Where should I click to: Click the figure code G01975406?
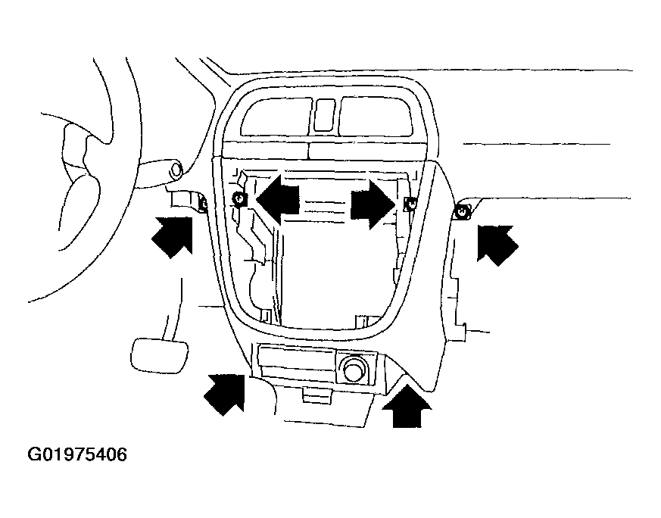(x=77, y=455)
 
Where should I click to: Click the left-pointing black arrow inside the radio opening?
(x=277, y=198)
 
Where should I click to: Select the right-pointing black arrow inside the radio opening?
(x=373, y=204)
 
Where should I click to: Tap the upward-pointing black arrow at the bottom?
(x=407, y=407)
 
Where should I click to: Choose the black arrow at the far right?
(x=497, y=245)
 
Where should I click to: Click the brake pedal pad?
(x=160, y=356)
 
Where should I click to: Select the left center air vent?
(x=277, y=117)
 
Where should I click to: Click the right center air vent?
(x=376, y=116)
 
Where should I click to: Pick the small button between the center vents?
(x=325, y=114)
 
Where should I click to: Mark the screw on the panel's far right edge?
(x=463, y=211)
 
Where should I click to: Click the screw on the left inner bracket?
(x=239, y=198)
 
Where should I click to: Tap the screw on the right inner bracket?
(x=409, y=204)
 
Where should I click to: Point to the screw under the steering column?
(x=202, y=204)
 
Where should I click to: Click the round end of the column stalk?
(x=176, y=169)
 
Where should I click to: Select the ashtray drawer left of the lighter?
(x=296, y=362)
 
